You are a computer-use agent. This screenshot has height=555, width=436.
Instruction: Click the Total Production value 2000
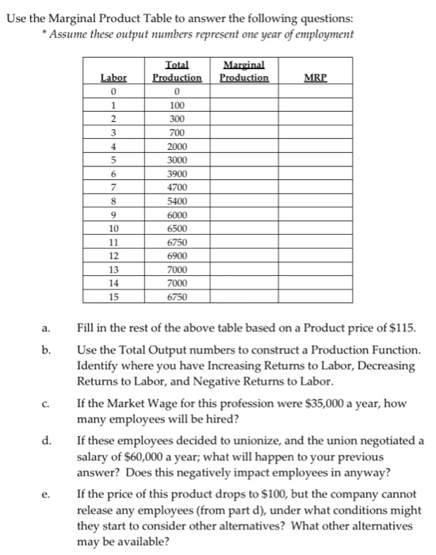point(178,145)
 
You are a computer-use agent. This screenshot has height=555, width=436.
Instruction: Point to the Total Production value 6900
point(178,256)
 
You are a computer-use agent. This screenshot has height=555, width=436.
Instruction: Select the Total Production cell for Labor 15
point(178,297)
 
